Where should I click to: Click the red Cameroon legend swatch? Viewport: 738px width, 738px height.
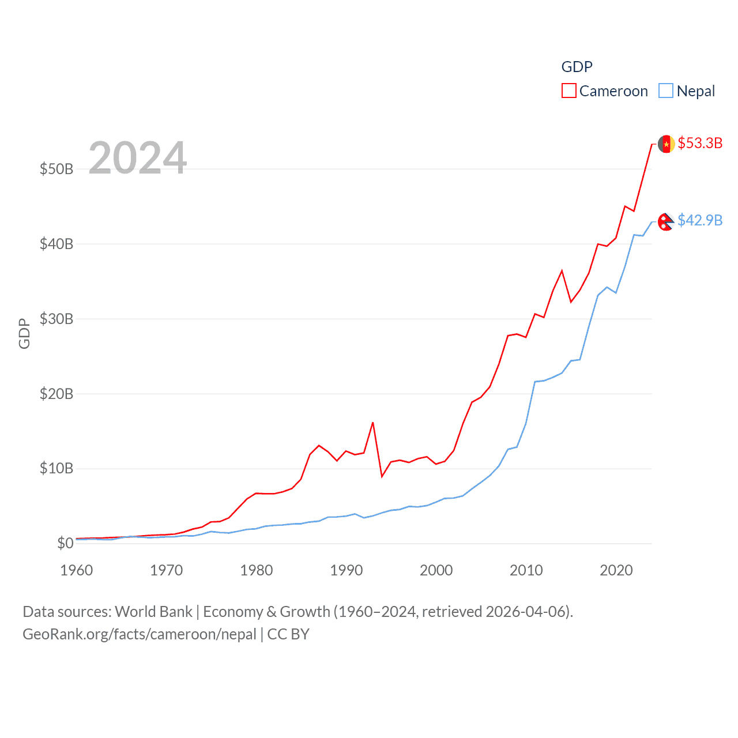coord(568,91)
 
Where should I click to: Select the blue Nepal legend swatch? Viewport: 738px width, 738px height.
coord(666,91)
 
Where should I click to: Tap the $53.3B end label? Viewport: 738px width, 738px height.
coord(700,143)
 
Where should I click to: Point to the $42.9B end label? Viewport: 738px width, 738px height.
coord(700,220)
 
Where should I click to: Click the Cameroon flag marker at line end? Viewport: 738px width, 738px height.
coord(667,144)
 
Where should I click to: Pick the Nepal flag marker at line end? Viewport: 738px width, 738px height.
coord(666,221)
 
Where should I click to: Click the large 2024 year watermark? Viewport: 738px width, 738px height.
coord(138,158)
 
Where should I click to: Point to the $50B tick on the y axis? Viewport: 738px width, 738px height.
coord(57,169)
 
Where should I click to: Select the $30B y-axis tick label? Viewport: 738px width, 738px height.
coord(57,319)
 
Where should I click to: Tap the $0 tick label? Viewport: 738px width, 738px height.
coord(65,543)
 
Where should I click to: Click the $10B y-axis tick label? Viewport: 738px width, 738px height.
coord(57,468)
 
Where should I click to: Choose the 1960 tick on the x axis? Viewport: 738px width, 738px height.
coord(77,570)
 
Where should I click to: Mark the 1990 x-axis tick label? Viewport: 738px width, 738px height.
coord(347,570)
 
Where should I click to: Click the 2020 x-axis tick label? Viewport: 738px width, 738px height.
coord(616,570)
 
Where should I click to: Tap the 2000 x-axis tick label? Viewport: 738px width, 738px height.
coord(436,570)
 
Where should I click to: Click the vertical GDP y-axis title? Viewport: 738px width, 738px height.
coord(24,333)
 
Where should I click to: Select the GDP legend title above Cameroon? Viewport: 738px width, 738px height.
coord(577,67)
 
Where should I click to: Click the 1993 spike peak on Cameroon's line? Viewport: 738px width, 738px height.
coord(373,423)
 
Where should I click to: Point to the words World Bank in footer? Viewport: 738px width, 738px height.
coord(154,611)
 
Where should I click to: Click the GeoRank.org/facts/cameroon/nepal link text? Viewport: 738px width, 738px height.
coord(140,634)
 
